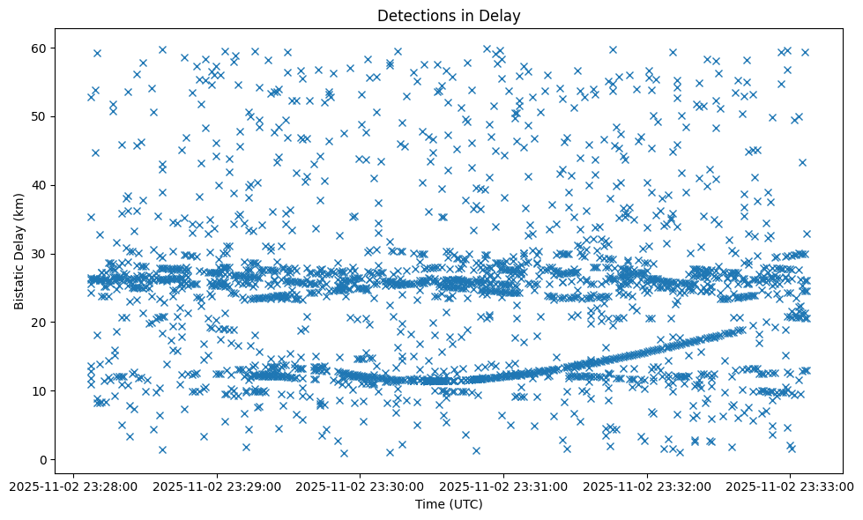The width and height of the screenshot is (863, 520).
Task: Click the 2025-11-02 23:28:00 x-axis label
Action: pyautogui.click(x=74, y=485)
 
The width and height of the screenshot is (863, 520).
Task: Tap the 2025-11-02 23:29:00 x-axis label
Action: pyautogui.click(x=217, y=485)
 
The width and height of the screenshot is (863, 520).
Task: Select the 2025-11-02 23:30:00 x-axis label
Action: pyautogui.click(x=361, y=485)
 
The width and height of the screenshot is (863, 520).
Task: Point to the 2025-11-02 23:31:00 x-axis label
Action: pyautogui.click(x=504, y=485)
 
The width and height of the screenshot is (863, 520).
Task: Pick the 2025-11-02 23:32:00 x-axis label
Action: pyautogui.click(x=647, y=485)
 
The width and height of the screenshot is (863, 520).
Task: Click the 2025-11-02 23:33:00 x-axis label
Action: pyautogui.click(x=791, y=485)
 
